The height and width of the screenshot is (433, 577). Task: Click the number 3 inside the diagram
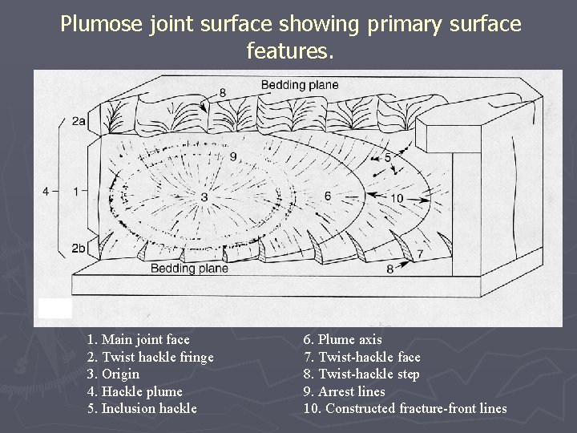pyautogui.click(x=204, y=196)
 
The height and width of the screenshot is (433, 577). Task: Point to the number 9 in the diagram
pyautogui.click(x=233, y=156)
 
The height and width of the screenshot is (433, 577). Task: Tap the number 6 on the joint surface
pyautogui.click(x=328, y=196)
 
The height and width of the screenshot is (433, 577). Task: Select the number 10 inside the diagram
pyautogui.click(x=397, y=198)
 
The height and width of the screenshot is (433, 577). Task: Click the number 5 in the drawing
pyautogui.click(x=388, y=158)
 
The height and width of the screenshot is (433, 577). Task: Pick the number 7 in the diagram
pyautogui.click(x=419, y=253)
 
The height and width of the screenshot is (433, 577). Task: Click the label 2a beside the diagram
pyautogui.click(x=79, y=121)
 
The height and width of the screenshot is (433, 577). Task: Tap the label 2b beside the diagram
pyautogui.click(x=79, y=249)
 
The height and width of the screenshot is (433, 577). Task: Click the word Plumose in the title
pyautogui.click(x=101, y=24)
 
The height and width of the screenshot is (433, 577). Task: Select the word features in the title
pyautogui.click(x=288, y=52)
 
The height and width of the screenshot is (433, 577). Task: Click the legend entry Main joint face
pyautogui.click(x=138, y=340)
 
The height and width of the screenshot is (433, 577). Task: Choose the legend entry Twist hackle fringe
pyautogui.click(x=150, y=357)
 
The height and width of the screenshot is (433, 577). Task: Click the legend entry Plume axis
pyautogui.click(x=342, y=340)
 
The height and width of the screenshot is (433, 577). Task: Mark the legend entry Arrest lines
pyautogui.click(x=344, y=392)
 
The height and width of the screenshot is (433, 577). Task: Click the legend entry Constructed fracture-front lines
pyautogui.click(x=405, y=409)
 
